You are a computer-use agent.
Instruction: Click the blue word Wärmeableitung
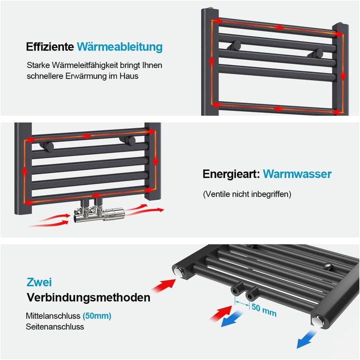point(119,47)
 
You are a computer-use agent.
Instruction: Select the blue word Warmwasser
point(297,174)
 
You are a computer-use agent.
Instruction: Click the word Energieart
point(230,174)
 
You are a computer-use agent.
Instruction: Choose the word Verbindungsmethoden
point(88,298)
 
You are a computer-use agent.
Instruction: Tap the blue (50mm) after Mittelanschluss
point(97,316)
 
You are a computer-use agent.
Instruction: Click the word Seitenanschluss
point(55,326)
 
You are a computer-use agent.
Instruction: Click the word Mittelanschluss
point(53,316)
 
